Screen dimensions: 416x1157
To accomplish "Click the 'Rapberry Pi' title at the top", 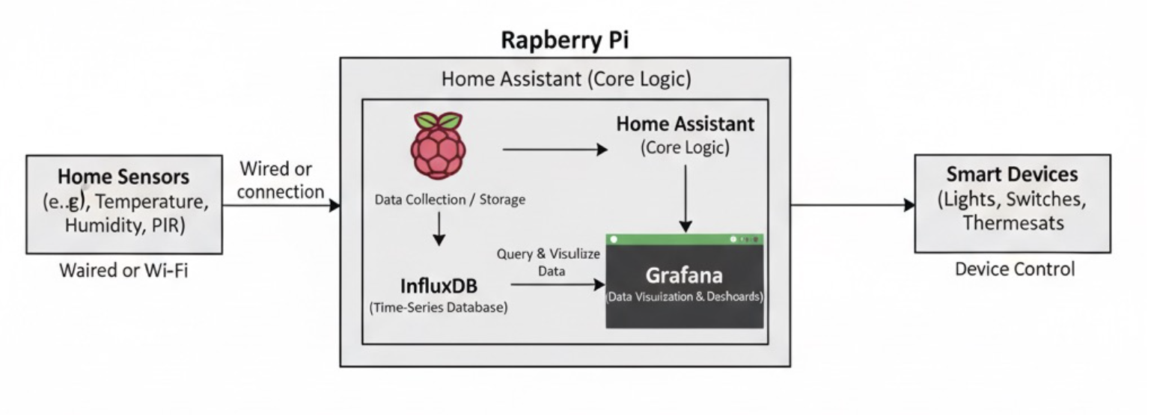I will pyautogui.click(x=564, y=40).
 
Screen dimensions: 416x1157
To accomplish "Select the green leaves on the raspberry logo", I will pyautogui.click(x=438, y=120).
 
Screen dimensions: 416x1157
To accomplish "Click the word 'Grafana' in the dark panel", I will pyautogui.click(x=684, y=275).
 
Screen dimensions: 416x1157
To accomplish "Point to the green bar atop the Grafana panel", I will pyautogui.click(x=684, y=239).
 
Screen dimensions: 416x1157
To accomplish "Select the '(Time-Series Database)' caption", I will pyautogui.click(x=439, y=307).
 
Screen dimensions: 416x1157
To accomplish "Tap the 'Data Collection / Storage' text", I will pyautogui.click(x=450, y=199).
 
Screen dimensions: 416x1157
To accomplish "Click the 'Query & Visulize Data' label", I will pyautogui.click(x=549, y=262).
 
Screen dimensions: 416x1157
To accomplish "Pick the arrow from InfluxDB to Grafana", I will pyautogui.click(x=558, y=284).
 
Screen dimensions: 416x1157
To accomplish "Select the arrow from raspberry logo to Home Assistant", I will pyautogui.click(x=555, y=150).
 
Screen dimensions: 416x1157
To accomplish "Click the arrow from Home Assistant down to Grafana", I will pyautogui.click(x=686, y=198).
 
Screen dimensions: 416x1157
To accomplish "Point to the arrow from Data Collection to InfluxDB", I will pyautogui.click(x=439, y=229).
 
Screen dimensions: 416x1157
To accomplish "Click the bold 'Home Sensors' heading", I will pyautogui.click(x=123, y=177).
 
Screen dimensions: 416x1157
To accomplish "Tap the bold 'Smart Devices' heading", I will pyautogui.click(x=1012, y=174).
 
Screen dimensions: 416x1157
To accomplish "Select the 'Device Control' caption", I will pyautogui.click(x=1014, y=269).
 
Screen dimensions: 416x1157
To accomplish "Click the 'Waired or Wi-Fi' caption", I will pyautogui.click(x=123, y=270).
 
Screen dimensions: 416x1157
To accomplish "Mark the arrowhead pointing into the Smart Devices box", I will pyautogui.click(x=909, y=205).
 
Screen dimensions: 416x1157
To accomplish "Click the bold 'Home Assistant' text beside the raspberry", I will pyautogui.click(x=685, y=124).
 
